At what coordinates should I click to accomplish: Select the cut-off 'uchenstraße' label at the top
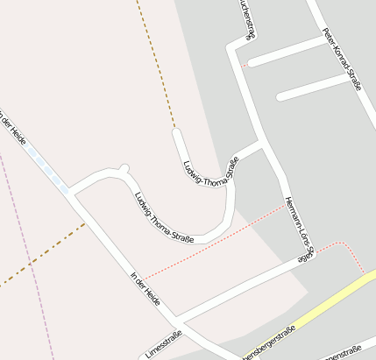coord(245,19)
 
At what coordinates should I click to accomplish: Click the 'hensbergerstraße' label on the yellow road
coord(267,342)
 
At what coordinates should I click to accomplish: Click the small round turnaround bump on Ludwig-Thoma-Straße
coord(124,167)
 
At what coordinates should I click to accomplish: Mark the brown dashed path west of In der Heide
coord(44,254)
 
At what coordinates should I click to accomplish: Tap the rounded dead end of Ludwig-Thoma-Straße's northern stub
coord(177,133)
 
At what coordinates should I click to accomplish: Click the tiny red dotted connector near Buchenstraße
coord(245,64)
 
